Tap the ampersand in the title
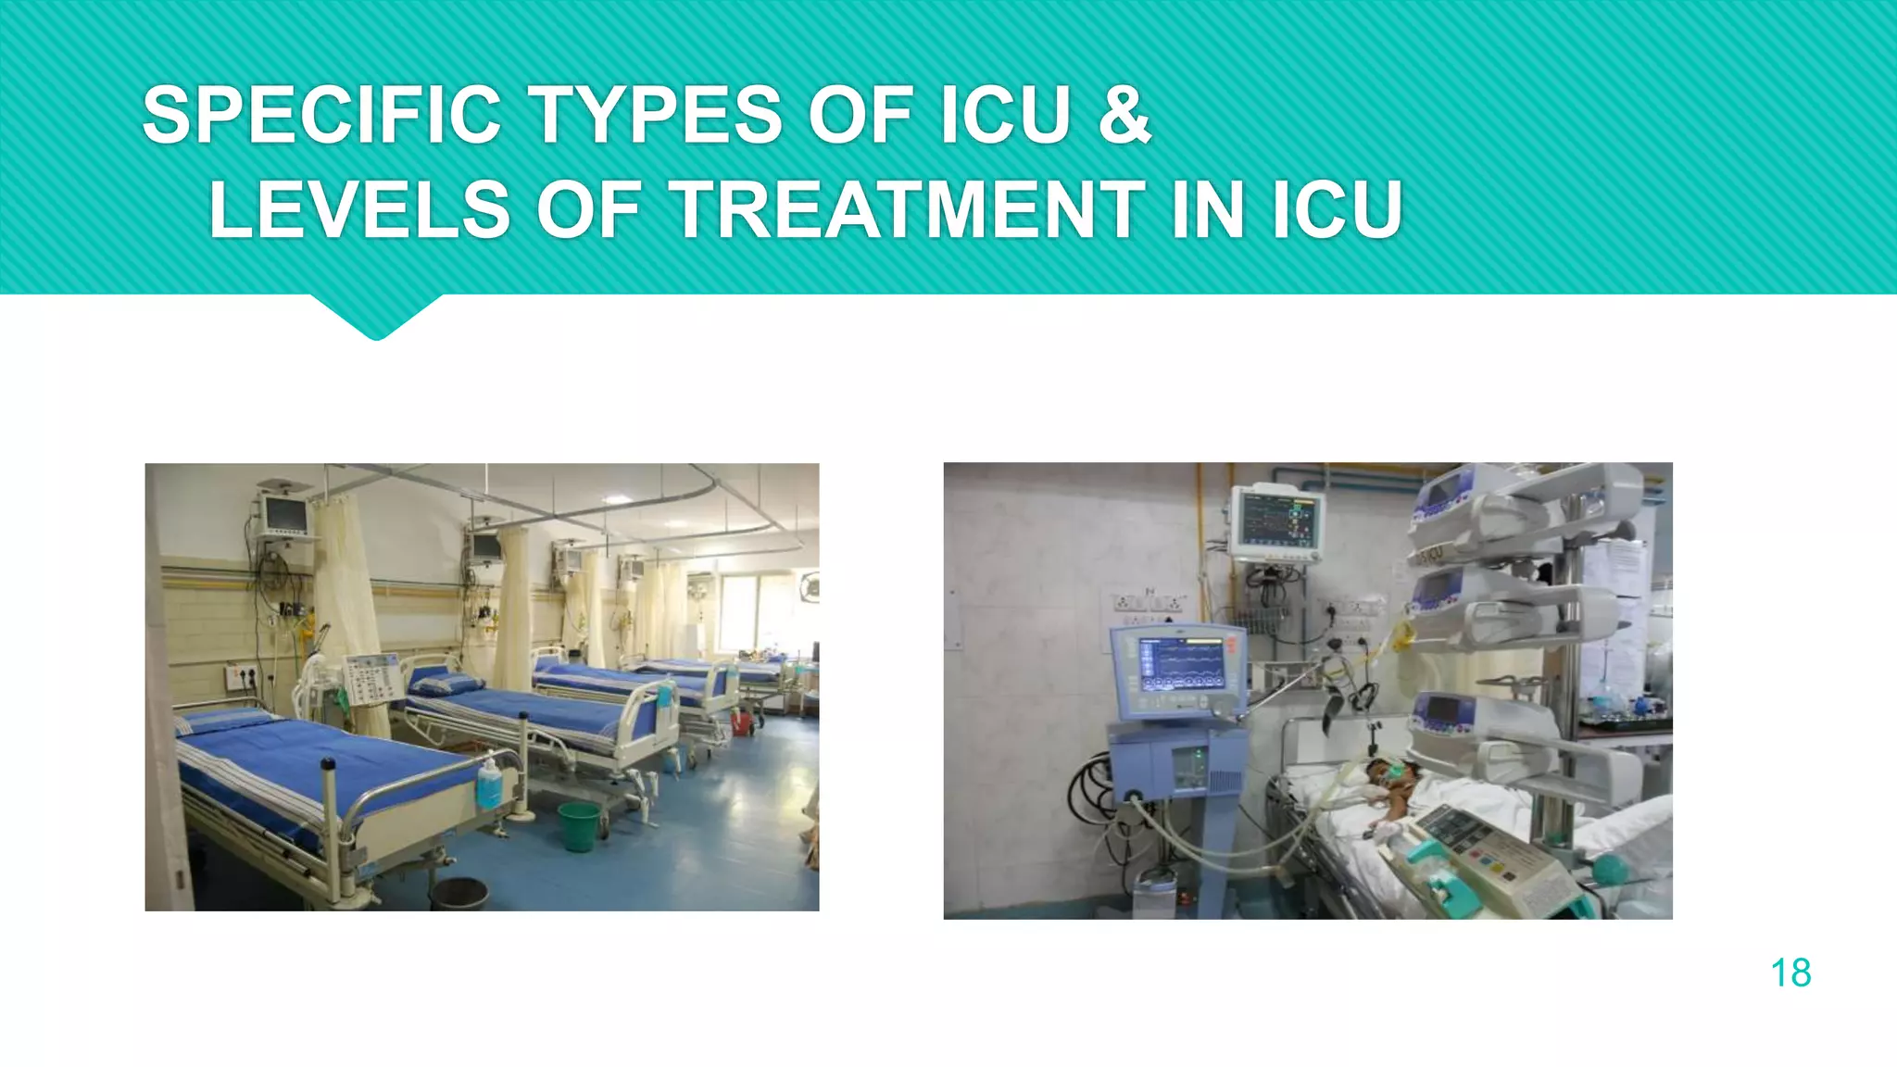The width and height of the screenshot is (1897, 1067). pos(1124,115)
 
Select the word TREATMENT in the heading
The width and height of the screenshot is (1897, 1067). pos(907,210)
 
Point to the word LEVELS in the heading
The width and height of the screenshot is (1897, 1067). pos(359,210)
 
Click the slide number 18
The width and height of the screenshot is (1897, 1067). pos(1790,973)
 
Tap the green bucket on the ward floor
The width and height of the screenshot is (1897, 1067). pos(578,825)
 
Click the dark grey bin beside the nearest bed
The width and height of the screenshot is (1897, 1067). pos(459,894)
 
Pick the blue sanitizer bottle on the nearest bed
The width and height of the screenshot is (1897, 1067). pos(488,784)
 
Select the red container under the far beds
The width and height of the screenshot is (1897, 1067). pos(742,722)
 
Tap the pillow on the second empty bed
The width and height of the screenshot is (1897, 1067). pos(446,684)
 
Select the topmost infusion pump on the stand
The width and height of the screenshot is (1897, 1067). pos(1482,505)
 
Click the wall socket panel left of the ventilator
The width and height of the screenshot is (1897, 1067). pos(1147,603)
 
